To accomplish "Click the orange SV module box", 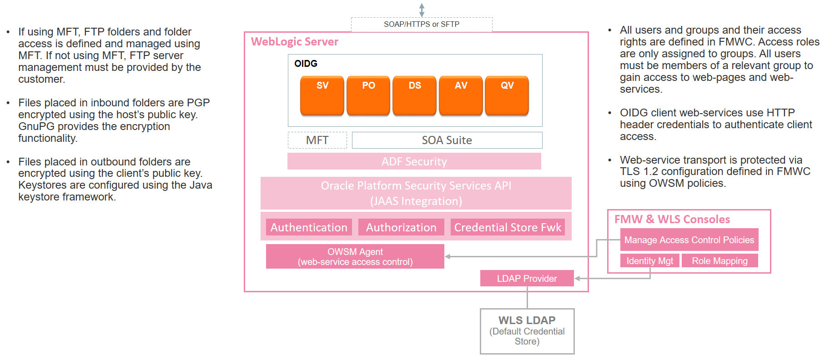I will (x=322, y=95).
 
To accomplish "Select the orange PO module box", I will (x=368, y=95).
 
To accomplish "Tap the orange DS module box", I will (x=414, y=95).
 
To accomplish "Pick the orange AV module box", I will (x=461, y=95).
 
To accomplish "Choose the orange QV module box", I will (x=507, y=95).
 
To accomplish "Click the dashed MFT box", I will (x=317, y=140).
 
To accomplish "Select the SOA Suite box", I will (x=447, y=140).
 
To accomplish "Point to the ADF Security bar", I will (x=414, y=161).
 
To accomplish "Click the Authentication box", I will (x=309, y=227).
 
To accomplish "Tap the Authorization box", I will (x=401, y=227).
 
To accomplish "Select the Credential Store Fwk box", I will (x=508, y=227).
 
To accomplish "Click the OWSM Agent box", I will (x=355, y=256).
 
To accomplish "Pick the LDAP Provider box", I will (x=527, y=278).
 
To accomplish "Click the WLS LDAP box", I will (x=527, y=331).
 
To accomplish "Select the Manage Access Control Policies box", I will (x=689, y=240).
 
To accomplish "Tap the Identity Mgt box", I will (x=649, y=260).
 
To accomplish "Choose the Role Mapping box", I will (x=719, y=260).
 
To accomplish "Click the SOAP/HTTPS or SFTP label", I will (x=421, y=24).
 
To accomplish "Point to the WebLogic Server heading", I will (x=295, y=42).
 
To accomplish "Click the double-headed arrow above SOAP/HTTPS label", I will (x=422, y=10).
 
